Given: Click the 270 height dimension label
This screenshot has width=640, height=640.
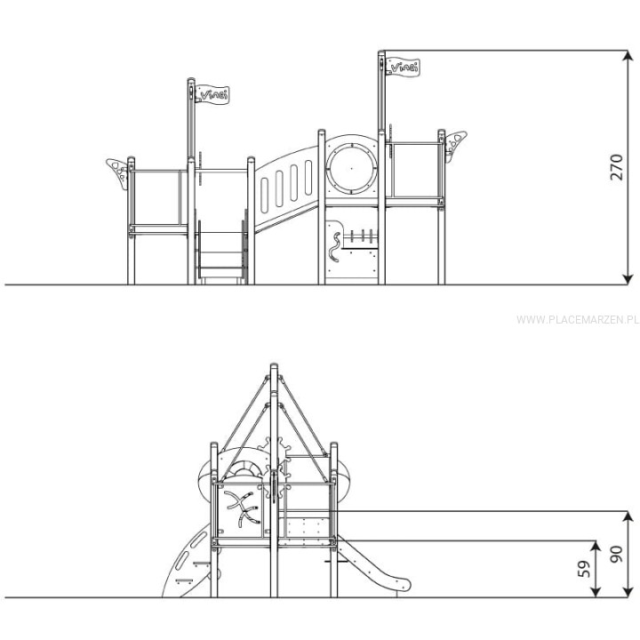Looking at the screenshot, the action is coord(616,167).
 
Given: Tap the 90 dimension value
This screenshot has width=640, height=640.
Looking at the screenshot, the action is coord(616,555).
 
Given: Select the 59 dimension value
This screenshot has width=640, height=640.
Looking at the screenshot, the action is coord(585,569).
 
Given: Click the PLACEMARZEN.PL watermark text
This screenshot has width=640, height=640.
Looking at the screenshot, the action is coord(577,320).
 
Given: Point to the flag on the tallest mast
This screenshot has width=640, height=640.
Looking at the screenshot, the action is coord(403,67).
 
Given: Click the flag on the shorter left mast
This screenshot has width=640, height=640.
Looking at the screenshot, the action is coord(212,94).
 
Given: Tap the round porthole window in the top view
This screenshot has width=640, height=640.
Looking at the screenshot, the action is coord(351,168).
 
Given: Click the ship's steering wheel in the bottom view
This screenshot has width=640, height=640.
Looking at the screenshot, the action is coord(274,469).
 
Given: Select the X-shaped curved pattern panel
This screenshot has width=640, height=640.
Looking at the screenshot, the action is coord(243,508).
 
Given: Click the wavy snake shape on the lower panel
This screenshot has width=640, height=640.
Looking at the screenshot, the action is coord(335,247).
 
